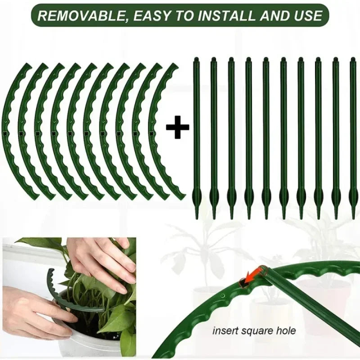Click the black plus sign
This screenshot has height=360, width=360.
pos(177,129)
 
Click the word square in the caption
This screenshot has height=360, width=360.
pos(256,331)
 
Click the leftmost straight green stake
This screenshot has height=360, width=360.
pos(197,135)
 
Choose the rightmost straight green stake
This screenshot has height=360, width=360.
pos(353,135)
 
